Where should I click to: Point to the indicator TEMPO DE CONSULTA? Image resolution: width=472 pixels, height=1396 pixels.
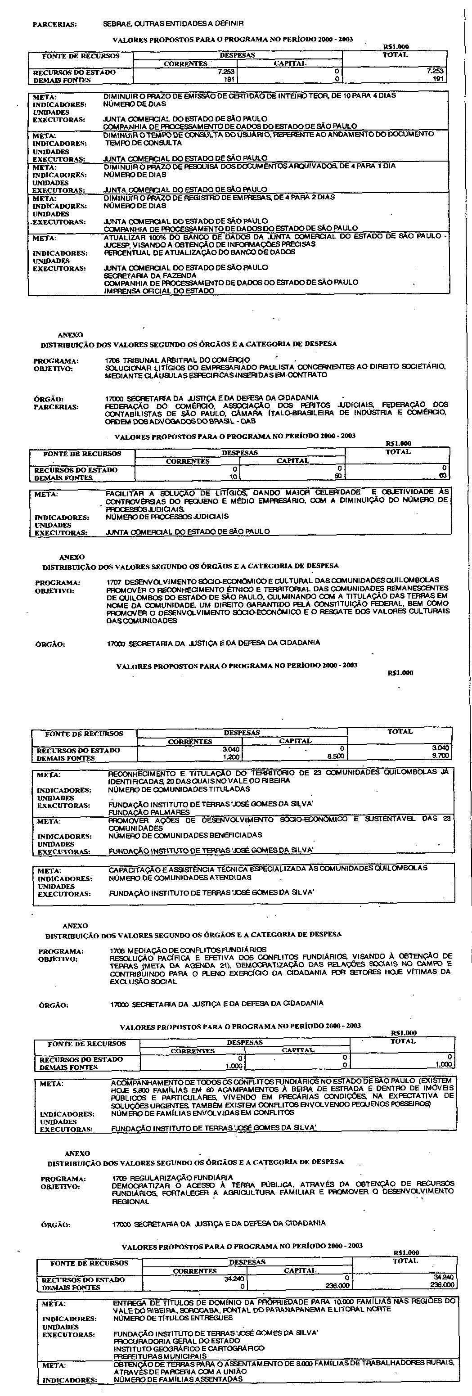(144, 143)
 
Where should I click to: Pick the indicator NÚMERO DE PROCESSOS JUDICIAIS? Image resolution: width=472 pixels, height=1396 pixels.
(167, 517)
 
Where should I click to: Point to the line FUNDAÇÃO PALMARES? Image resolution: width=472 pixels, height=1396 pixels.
(149, 812)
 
